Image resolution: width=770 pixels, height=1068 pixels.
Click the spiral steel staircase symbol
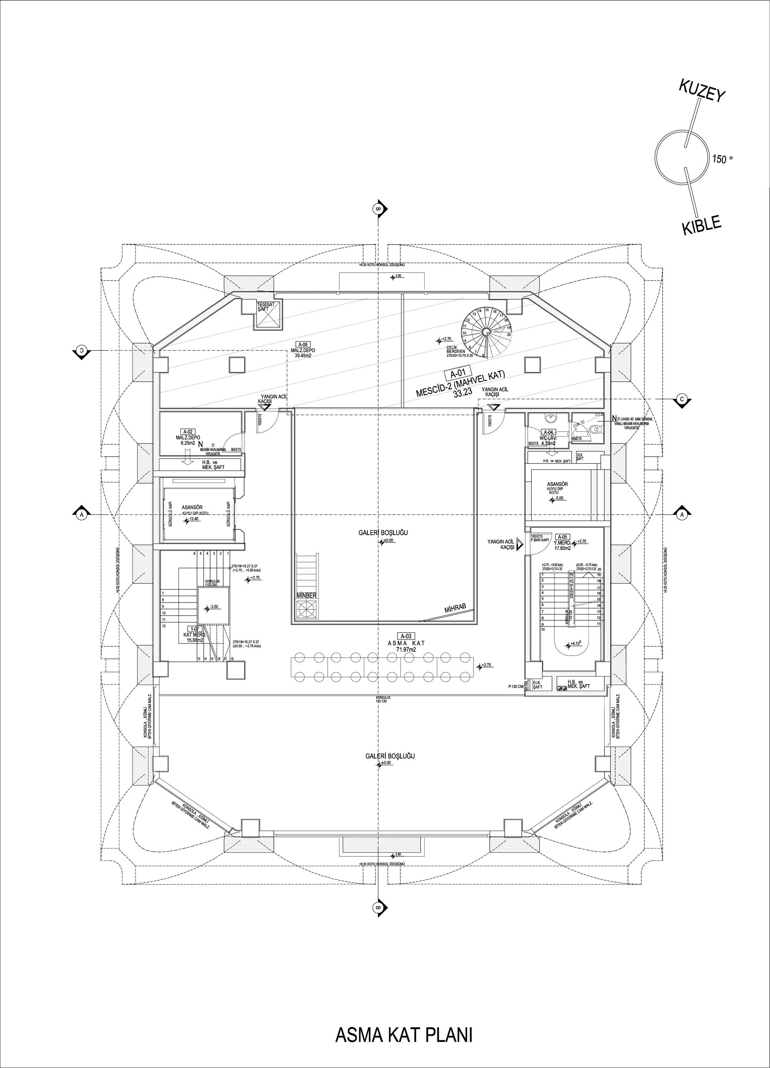click(x=485, y=331)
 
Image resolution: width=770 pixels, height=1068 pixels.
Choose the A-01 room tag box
click(x=454, y=375)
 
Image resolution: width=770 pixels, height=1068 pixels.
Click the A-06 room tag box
click(x=302, y=344)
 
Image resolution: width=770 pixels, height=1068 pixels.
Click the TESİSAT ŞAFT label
click(x=263, y=306)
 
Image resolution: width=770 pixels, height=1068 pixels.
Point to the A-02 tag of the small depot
click(x=188, y=431)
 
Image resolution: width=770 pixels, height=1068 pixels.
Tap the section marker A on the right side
click(x=681, y=515)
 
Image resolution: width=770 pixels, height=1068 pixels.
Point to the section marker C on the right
click(x=681, y=399)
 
